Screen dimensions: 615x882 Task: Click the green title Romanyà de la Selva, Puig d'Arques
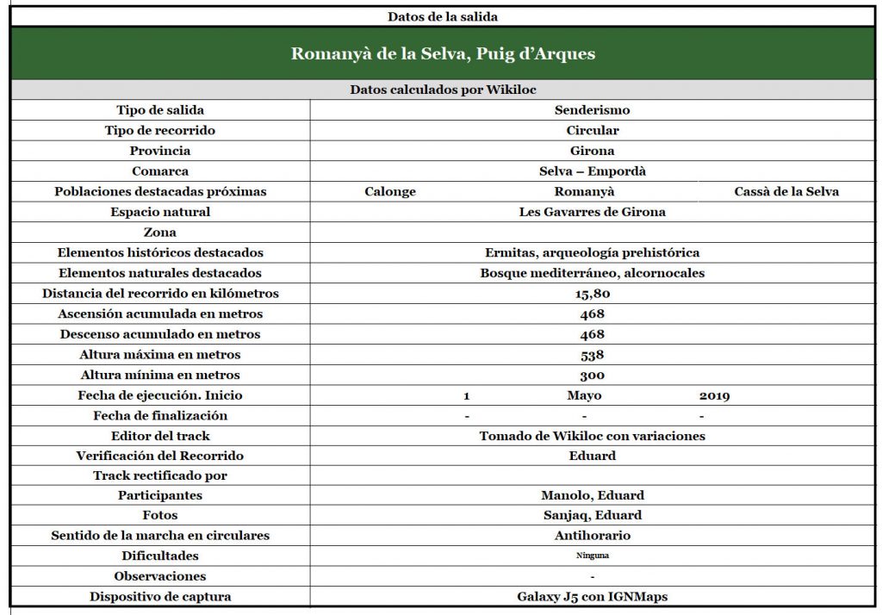(443, 54)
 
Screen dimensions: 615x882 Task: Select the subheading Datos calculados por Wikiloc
(443, 90)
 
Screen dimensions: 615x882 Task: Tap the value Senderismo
(592, 110)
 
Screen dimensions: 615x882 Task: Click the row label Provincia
(160, 151)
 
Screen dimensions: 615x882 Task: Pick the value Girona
(592, 151)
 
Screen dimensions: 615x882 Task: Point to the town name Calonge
(389, 191)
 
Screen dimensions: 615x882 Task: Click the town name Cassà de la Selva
(786, 191)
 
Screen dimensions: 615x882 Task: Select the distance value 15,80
(592, 294)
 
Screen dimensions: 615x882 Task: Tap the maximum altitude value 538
(592, 355)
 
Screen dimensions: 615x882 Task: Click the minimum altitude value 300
(592, 375)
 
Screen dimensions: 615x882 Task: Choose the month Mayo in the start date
(584, 395)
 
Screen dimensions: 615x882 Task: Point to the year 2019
(714, 395)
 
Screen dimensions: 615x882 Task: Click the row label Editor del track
(160, 436)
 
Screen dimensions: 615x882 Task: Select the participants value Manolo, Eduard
(592, 495)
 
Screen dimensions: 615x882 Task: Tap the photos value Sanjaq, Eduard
(592, 515)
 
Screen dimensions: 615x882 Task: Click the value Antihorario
(592, 536)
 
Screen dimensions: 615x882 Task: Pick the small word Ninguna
(592, 556)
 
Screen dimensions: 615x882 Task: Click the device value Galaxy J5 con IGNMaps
(592, 596)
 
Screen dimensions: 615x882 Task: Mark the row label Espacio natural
(160, 212)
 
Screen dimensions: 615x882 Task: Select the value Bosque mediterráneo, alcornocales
(592, 273)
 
